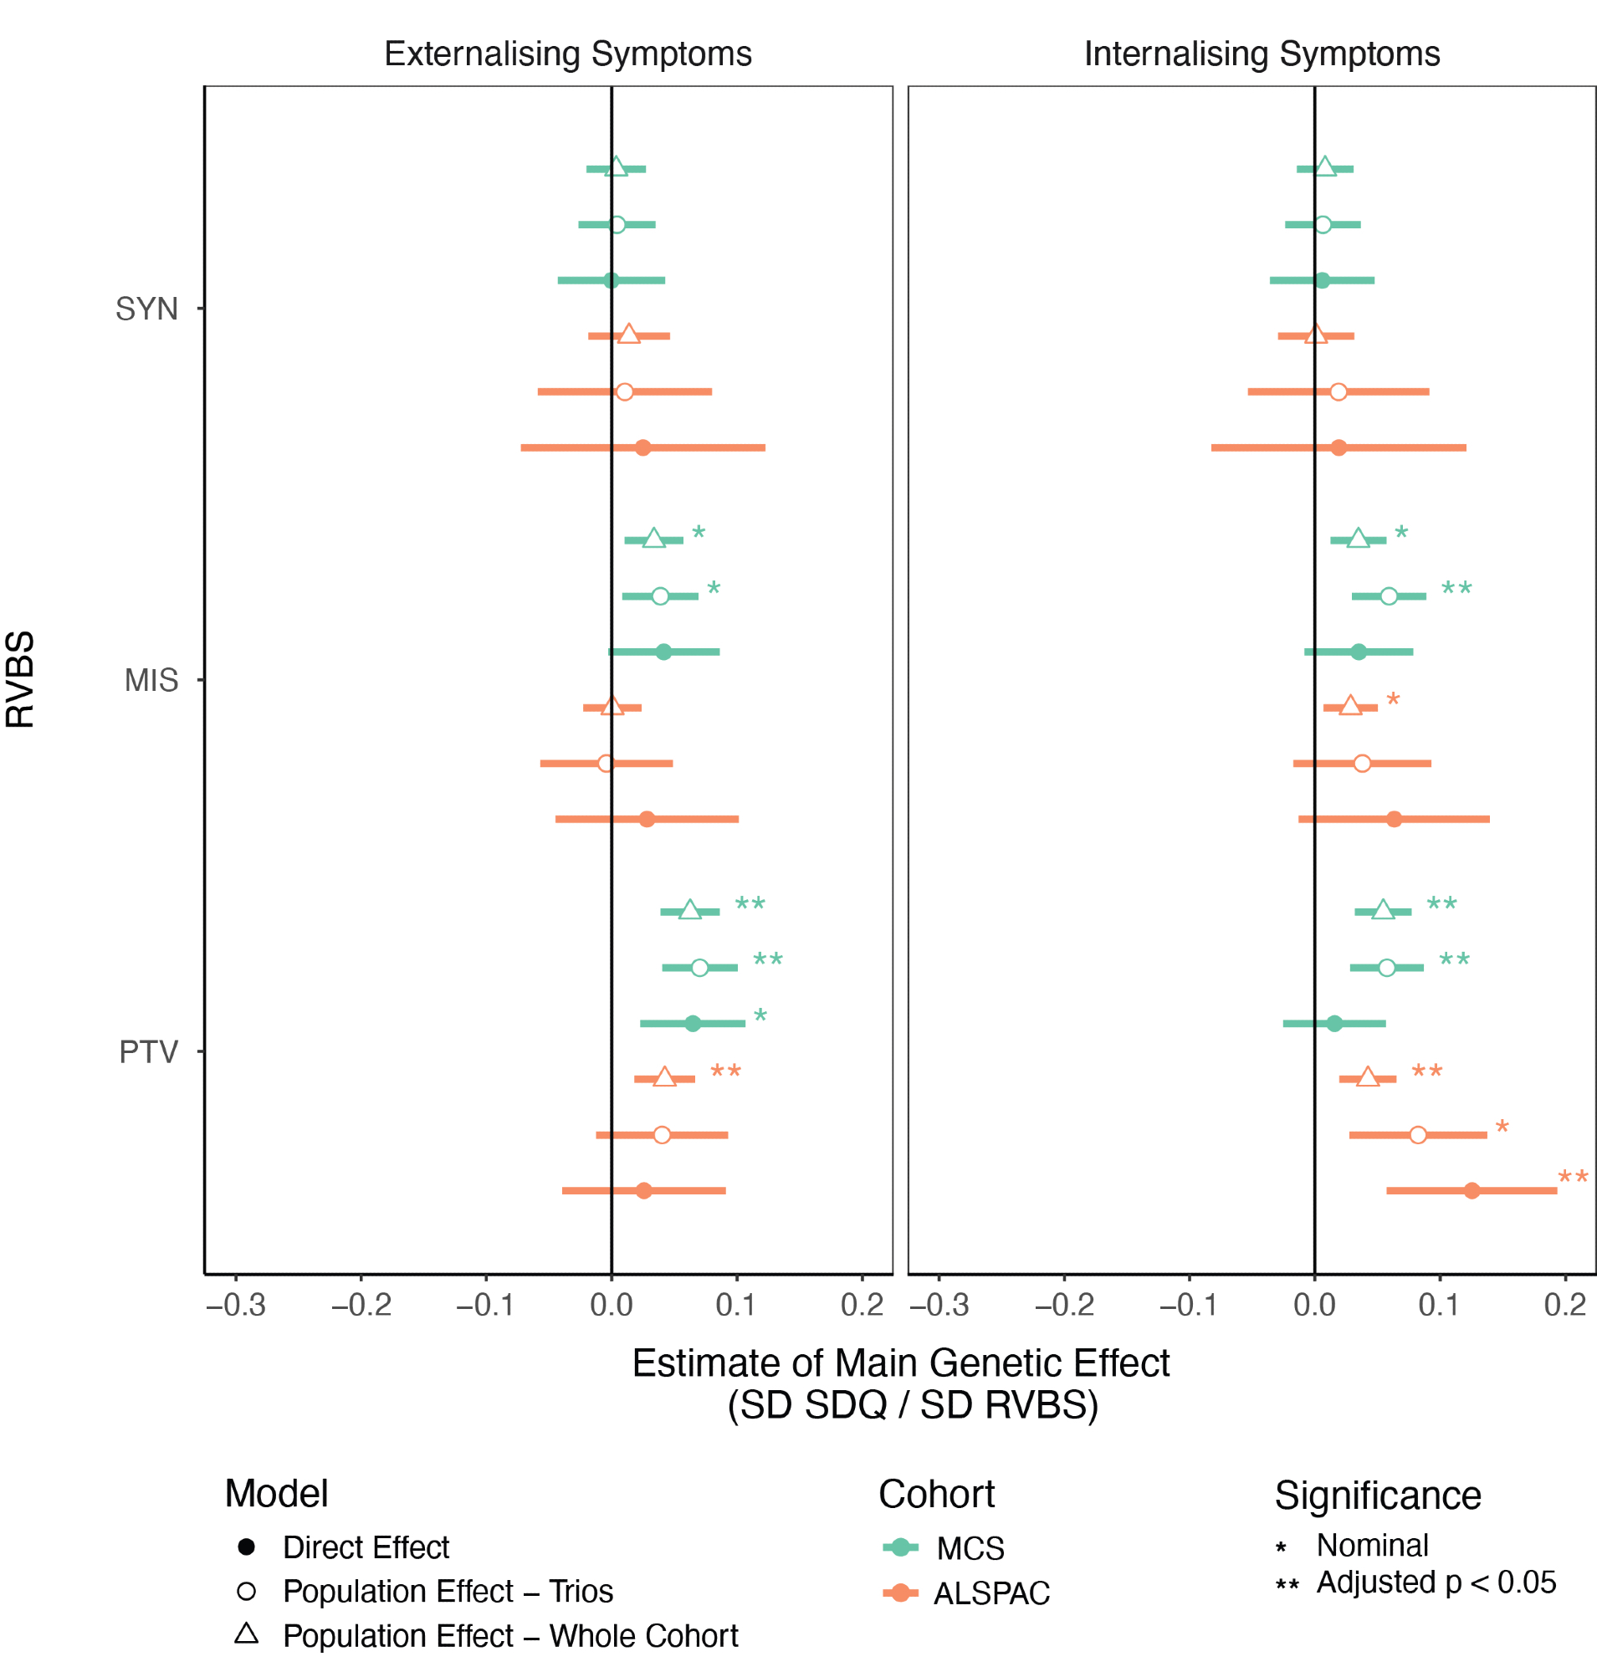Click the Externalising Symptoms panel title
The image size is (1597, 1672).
(x=568, y=54)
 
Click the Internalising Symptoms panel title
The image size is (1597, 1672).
(x=1262, y=54)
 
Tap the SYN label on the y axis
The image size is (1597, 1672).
(x=146, y=308)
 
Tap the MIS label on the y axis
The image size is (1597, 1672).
(x=151, y=680)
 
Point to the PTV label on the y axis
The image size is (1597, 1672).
(x=148, y=1052)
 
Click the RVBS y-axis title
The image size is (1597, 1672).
(x=20, y=679)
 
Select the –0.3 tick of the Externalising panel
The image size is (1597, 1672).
(x=236, y=1304)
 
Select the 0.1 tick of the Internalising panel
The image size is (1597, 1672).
(x=1439, y=1304)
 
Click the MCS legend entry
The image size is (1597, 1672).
(x=970, y=1548)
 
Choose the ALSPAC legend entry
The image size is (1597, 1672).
(x=990, y=1593)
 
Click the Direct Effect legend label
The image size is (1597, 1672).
(x=366, y=1547)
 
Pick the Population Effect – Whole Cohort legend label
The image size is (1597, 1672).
(x=510, y=1636)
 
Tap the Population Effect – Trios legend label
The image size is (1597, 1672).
(x=448, y=1592)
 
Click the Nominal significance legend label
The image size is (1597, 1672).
(x=1372, y=1545)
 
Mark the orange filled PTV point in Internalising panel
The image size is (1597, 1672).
(x=1472, y=1191)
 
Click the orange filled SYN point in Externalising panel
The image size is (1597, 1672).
(x=642, y=447)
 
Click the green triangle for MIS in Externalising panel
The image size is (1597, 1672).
(x=653, y=539)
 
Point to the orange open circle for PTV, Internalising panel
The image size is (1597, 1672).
(x=1417, y=1135)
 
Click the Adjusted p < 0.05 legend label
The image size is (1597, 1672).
(x=1436, y=1583)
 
